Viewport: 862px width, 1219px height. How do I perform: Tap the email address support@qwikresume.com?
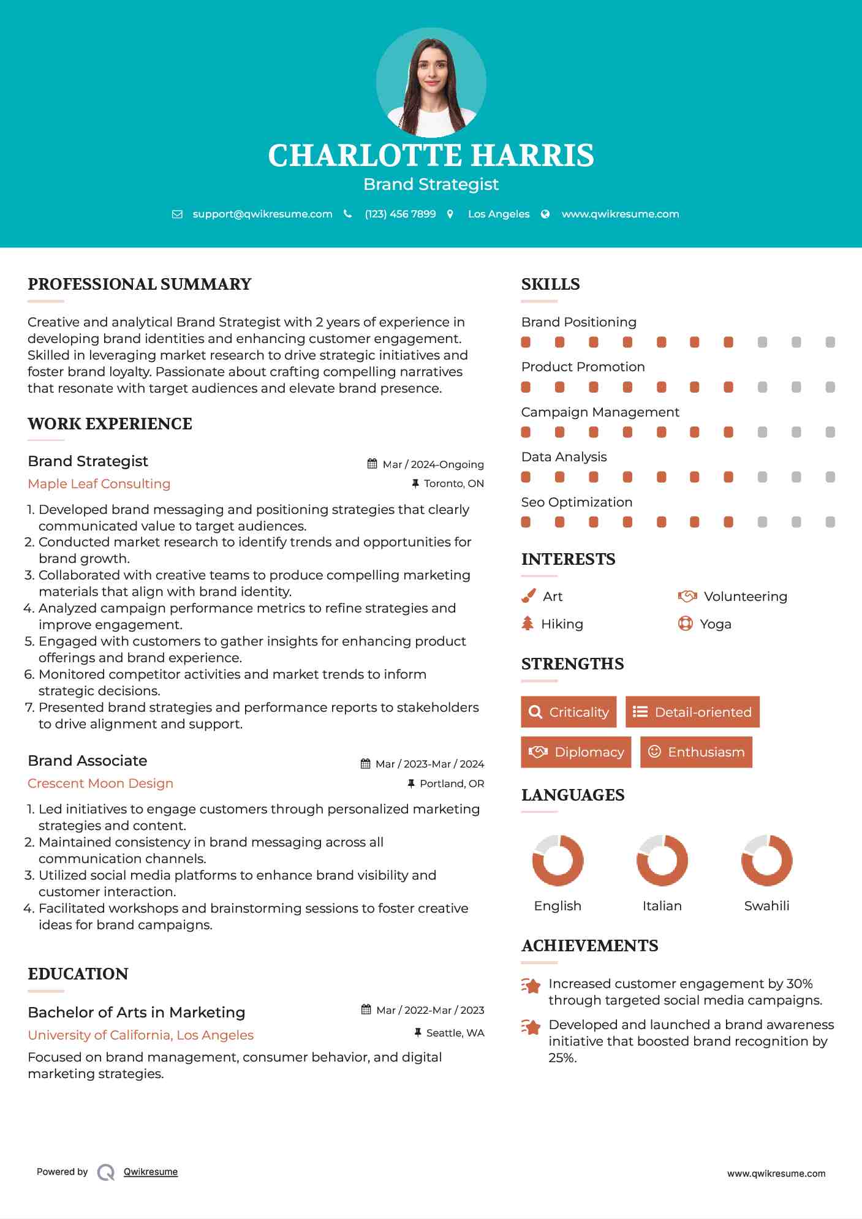pyautogui.click(x=262, y=214)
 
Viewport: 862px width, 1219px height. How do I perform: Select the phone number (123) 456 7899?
pyautogui.click(x=400, y=214)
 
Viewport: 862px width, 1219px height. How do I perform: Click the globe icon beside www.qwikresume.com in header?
pyautogui.click(x=545, y=214)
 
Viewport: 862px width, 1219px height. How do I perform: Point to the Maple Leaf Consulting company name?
pyautogui.click(x=99, y=483)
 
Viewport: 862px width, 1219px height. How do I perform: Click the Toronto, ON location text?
pyautogui.click(x=453, y=483)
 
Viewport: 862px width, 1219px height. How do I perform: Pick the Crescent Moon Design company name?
pyautogui.click(x=100, y=783)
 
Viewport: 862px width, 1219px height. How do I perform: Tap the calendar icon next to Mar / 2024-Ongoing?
pyautogui.click(x=372, y=464)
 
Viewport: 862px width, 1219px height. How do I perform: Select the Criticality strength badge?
pyautogui.click(x=569, y=712)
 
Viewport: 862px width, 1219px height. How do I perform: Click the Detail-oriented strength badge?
pyautogui.click(x=692, y=712)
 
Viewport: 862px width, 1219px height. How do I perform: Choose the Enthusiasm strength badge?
pyautogui.click(x=696, y=752)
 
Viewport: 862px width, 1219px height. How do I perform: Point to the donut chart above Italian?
pyautogui.click(x=662, y=860)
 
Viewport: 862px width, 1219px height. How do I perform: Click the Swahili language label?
pyautogui.click(x=766, y=905)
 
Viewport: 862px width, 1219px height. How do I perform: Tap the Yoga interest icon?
pyautogui.click(x=685, y=624)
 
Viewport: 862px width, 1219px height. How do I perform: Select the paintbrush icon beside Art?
pyautogui.click(x=528, y=596)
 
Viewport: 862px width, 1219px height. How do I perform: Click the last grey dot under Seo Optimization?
pyautogui.click(x=830, y=522)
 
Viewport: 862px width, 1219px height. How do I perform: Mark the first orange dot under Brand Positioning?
pyautogui.click(x=526, y=342)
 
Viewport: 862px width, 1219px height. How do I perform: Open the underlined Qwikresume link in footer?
pyautogui.click(x=151, y=1171)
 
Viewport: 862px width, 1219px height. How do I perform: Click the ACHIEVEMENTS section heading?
pyautogui.click(x=589, y=945)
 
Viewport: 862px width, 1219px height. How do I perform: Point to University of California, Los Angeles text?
pyautogui.click(x=141, y=1035)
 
